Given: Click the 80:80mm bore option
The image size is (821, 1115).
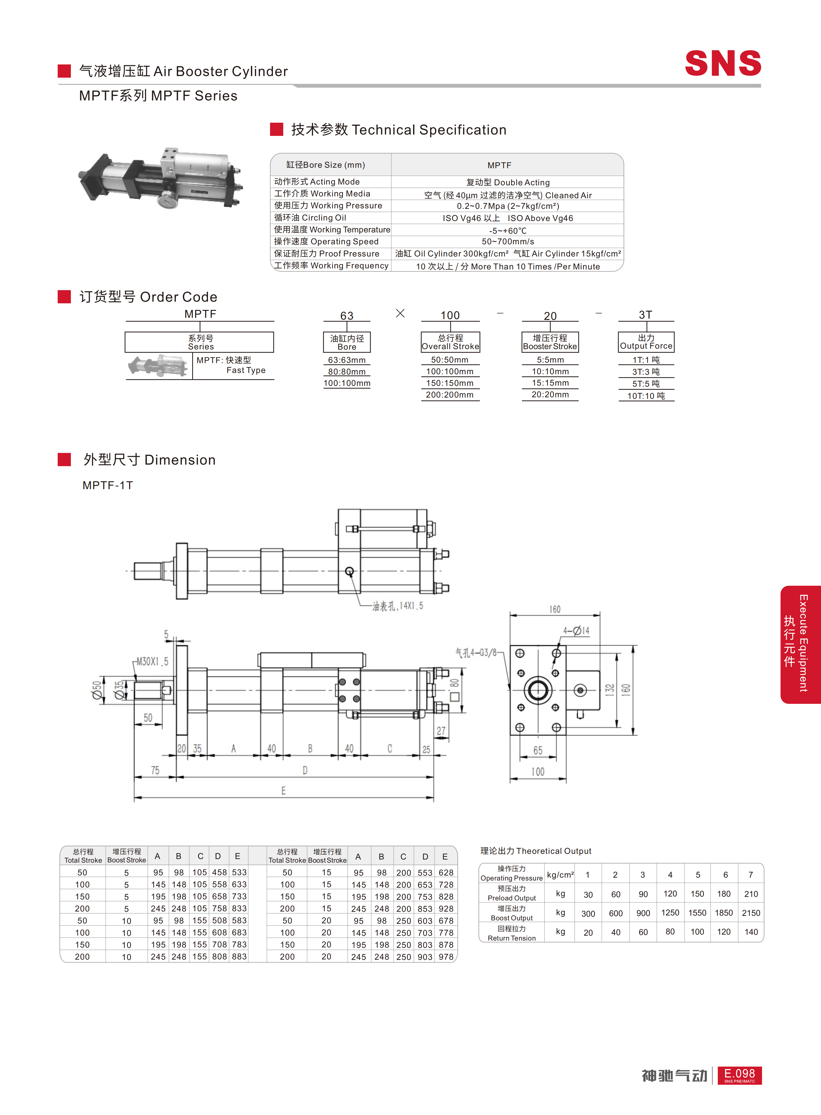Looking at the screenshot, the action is [347, 371].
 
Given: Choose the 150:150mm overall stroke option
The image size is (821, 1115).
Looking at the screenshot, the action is [450, 383].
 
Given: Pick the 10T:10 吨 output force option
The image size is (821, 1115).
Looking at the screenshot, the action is [646, 396].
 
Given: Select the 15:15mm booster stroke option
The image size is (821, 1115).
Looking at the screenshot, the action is [550, 383].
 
